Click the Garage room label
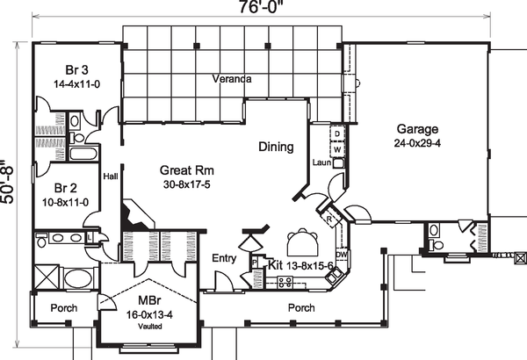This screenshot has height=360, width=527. coord(417,129)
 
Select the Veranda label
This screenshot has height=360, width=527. coord(232,79)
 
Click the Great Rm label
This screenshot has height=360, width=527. coord(187,170)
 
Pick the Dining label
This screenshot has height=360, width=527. coord(276,147)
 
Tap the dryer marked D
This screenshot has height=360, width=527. coord(337,133)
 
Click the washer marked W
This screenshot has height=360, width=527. coord(337,149)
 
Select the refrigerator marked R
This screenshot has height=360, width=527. coord(329,220)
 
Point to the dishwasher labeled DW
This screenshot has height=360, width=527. coord(342,255)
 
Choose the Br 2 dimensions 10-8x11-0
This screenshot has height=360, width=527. coord(66,202)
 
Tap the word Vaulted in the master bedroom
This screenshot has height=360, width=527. coord(150,327)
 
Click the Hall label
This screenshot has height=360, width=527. coord(111,176)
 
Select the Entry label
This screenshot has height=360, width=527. coord(224,258)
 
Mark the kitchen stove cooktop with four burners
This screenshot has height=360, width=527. coord(285,281)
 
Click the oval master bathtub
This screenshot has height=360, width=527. coord(77,278)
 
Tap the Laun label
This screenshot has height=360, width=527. coord(321,162)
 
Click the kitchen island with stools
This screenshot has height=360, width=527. coord(302,242)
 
